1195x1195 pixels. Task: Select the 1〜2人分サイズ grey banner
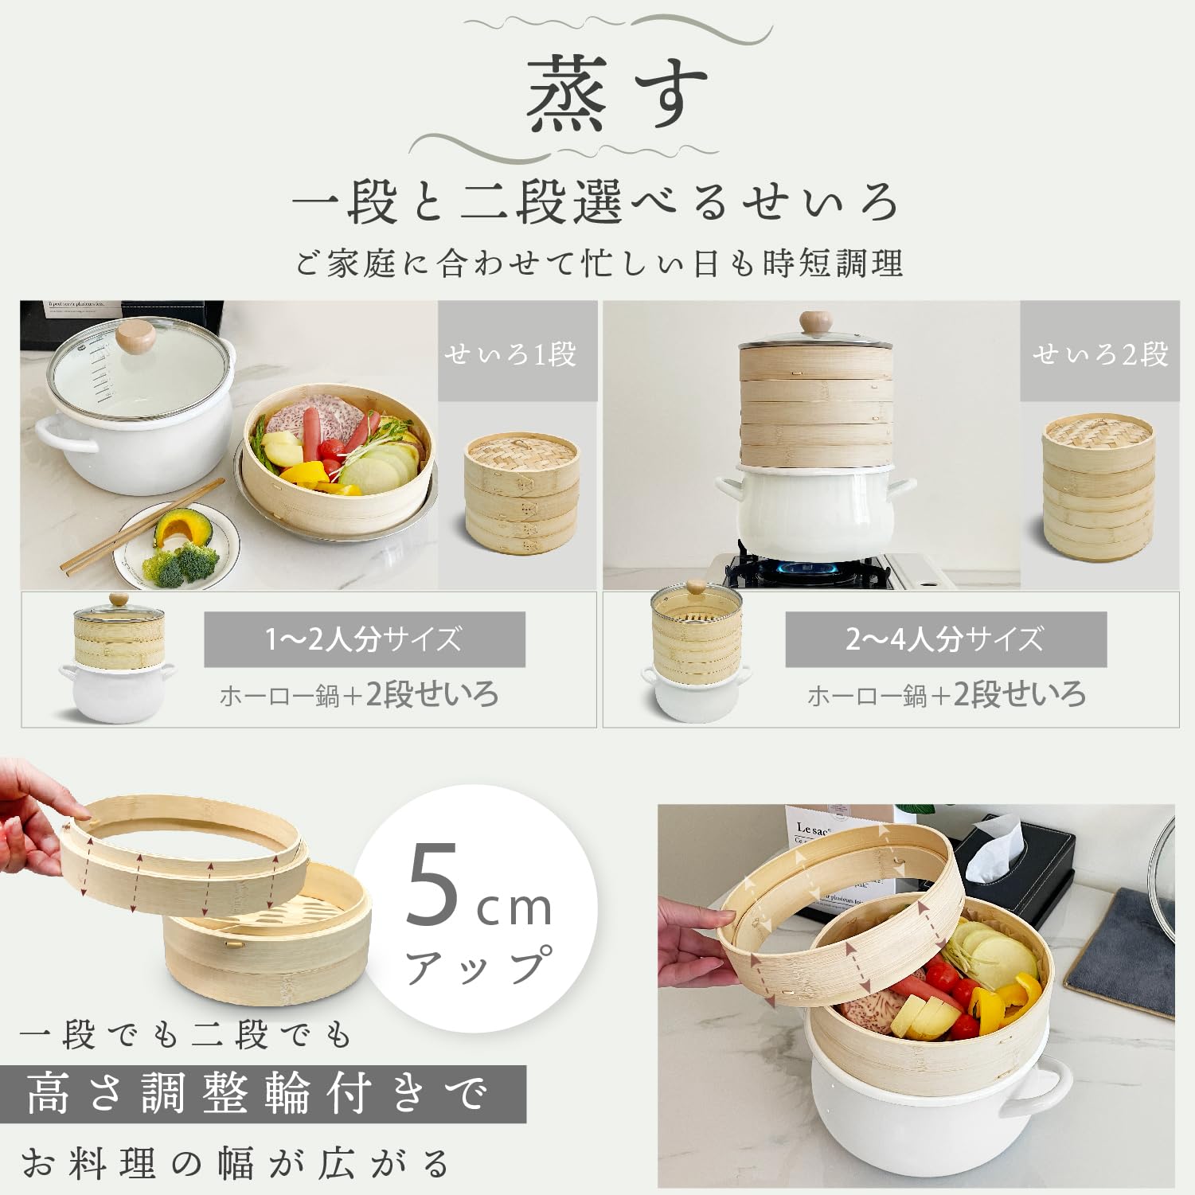pos(365,639)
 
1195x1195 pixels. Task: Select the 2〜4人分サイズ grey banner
pos(946,639)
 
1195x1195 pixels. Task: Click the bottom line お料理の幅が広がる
pos(236,1164)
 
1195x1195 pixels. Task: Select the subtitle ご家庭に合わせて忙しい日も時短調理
pos(599,264)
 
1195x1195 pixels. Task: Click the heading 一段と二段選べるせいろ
pos(596,202)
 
